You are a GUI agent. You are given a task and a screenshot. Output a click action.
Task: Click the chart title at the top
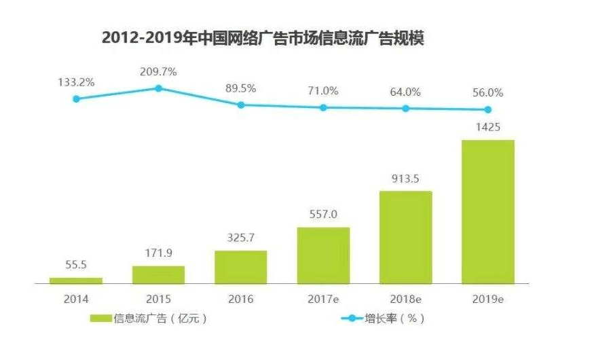click(x=263, y=38)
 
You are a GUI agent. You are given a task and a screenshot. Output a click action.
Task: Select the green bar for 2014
click(x=76, y=280)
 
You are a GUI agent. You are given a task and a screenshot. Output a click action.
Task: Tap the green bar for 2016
click(x=241, y=267)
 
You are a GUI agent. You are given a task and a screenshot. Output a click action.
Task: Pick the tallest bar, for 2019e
click(x=488, y=211)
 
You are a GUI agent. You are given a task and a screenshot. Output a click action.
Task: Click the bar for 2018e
click(x=405, y=237)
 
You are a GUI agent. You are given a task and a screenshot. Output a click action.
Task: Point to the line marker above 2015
click(x=158, y=88)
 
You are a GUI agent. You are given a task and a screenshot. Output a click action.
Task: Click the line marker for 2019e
click(x=488, y=109)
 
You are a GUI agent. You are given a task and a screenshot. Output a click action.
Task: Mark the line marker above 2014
click(x=76, y=98)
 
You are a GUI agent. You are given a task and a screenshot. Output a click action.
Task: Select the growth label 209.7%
click(x=158, y=71)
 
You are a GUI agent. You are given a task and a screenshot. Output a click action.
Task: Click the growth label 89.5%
click(x=241, y=88)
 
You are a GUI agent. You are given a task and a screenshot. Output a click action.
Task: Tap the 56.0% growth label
click(x=488, y=92)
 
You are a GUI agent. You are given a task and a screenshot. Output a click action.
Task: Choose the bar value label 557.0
click(x=323, y=215)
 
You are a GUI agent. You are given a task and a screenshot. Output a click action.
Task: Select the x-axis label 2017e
click(x=323, y=298)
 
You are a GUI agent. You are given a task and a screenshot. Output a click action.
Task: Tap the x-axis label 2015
click(x=158, y=298)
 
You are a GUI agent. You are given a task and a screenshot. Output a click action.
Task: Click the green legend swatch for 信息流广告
click(x=100, y=318)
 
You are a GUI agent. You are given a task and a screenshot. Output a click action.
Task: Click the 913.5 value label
click(x=405, y=179)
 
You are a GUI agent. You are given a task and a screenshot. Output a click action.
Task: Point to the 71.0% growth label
click(x=323, y=91)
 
